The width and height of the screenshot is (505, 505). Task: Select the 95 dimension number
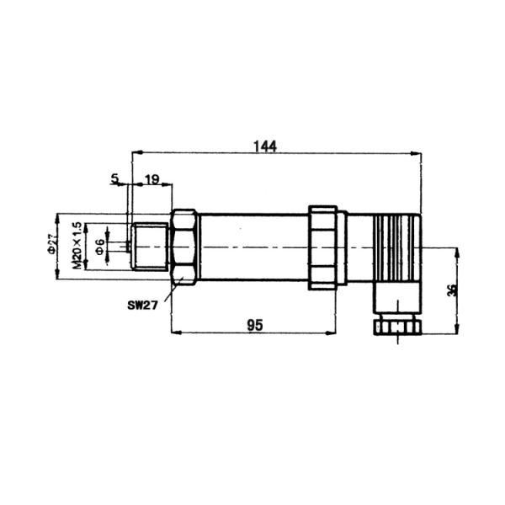pos(253,324)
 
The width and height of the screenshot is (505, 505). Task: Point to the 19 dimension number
pos(152,178)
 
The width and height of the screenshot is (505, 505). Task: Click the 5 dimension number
pos(114,178)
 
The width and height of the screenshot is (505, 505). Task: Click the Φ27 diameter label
pos(51,245)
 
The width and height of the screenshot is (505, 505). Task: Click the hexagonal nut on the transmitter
pos(183,247)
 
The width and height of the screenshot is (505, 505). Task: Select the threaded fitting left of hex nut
pos(151,247)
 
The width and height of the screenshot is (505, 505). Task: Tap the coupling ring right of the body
pos(322,247)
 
